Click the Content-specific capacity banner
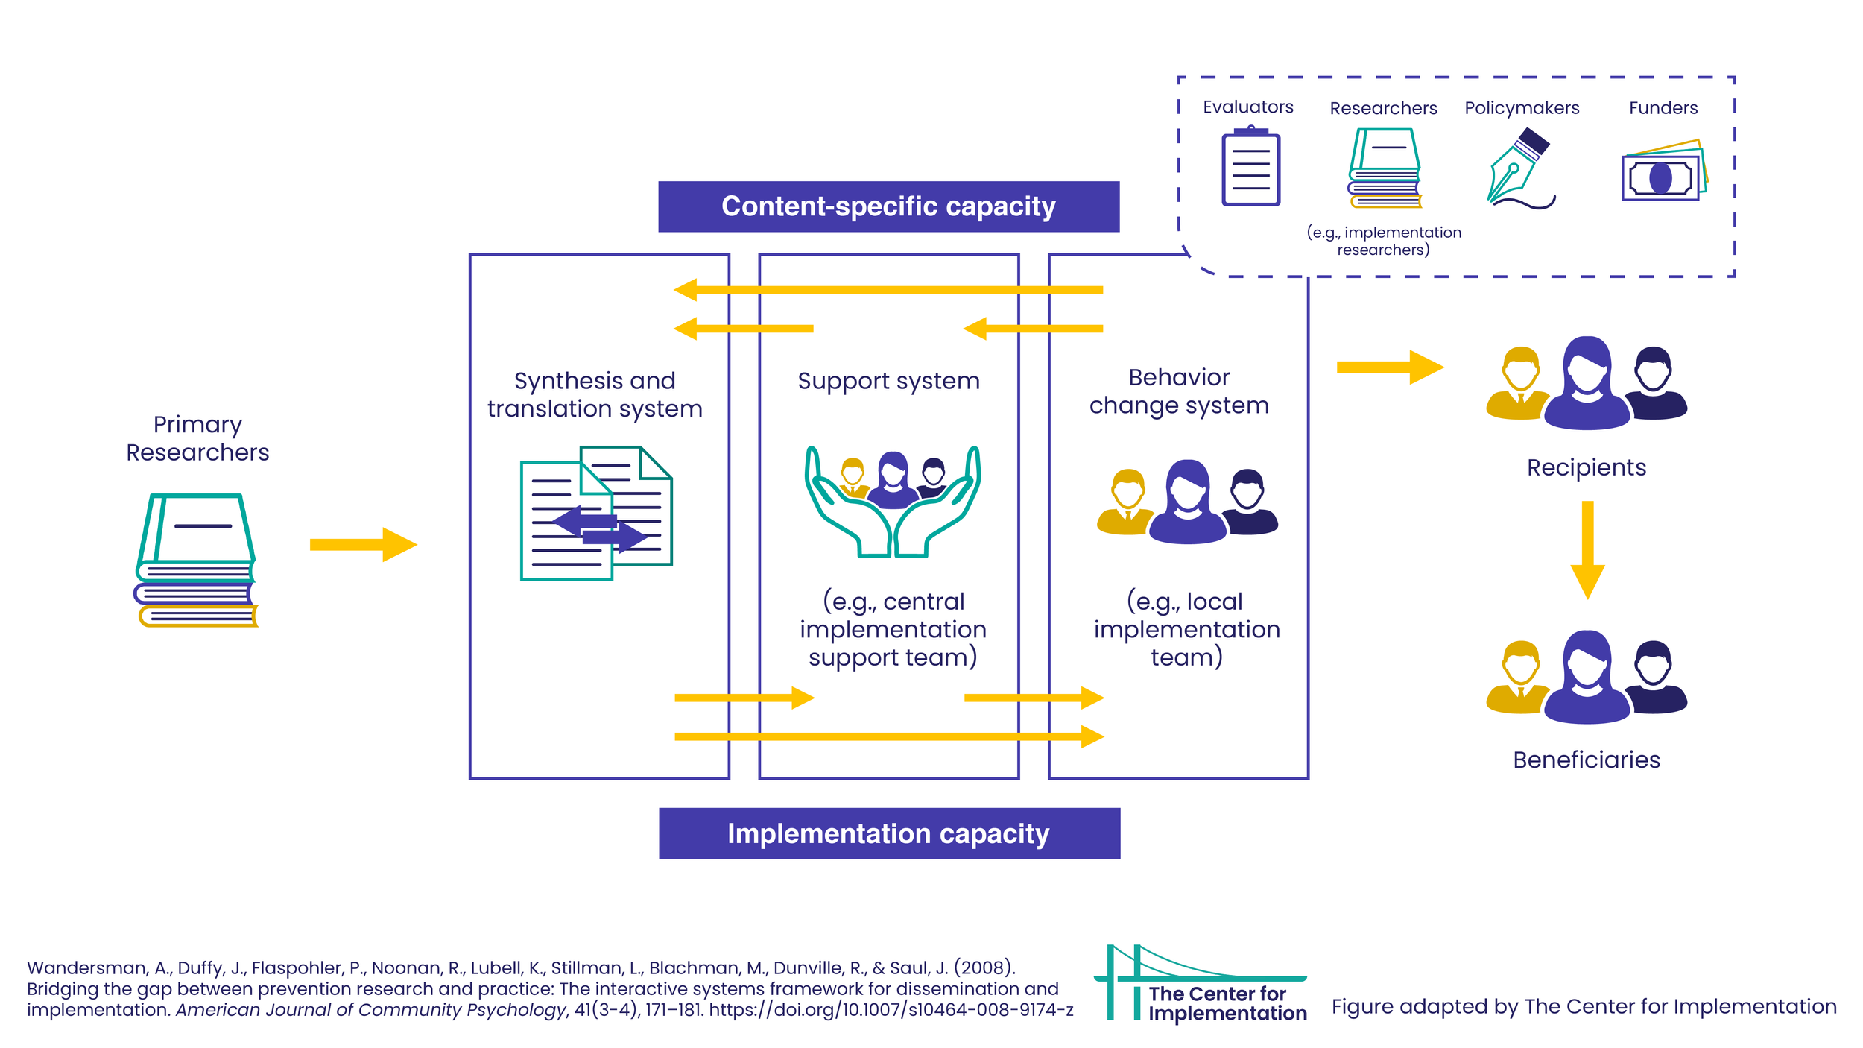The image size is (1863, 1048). click(888, 206)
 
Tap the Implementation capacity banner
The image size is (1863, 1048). click(889, 833)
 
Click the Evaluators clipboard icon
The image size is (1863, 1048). click(1250, 168)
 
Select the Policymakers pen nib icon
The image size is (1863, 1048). click(1518, 168)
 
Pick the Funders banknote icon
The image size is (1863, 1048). click(1663, 172)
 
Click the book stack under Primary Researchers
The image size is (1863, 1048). click(197, 560)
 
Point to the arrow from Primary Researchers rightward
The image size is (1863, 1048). click(363, 544)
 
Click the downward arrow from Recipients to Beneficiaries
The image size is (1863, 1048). click(1587, 549)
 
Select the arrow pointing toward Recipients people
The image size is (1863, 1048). click(1389, 367)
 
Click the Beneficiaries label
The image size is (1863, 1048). click(1586, 760)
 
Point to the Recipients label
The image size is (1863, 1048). click(1586, 467)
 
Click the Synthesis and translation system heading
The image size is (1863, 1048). click(595, 394)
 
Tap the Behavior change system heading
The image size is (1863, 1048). click(1178, 391)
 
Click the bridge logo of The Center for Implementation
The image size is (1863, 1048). click(1163, 981)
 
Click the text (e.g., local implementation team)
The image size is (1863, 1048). click(1186, 628)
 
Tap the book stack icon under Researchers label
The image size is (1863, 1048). click(1384, 168)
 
